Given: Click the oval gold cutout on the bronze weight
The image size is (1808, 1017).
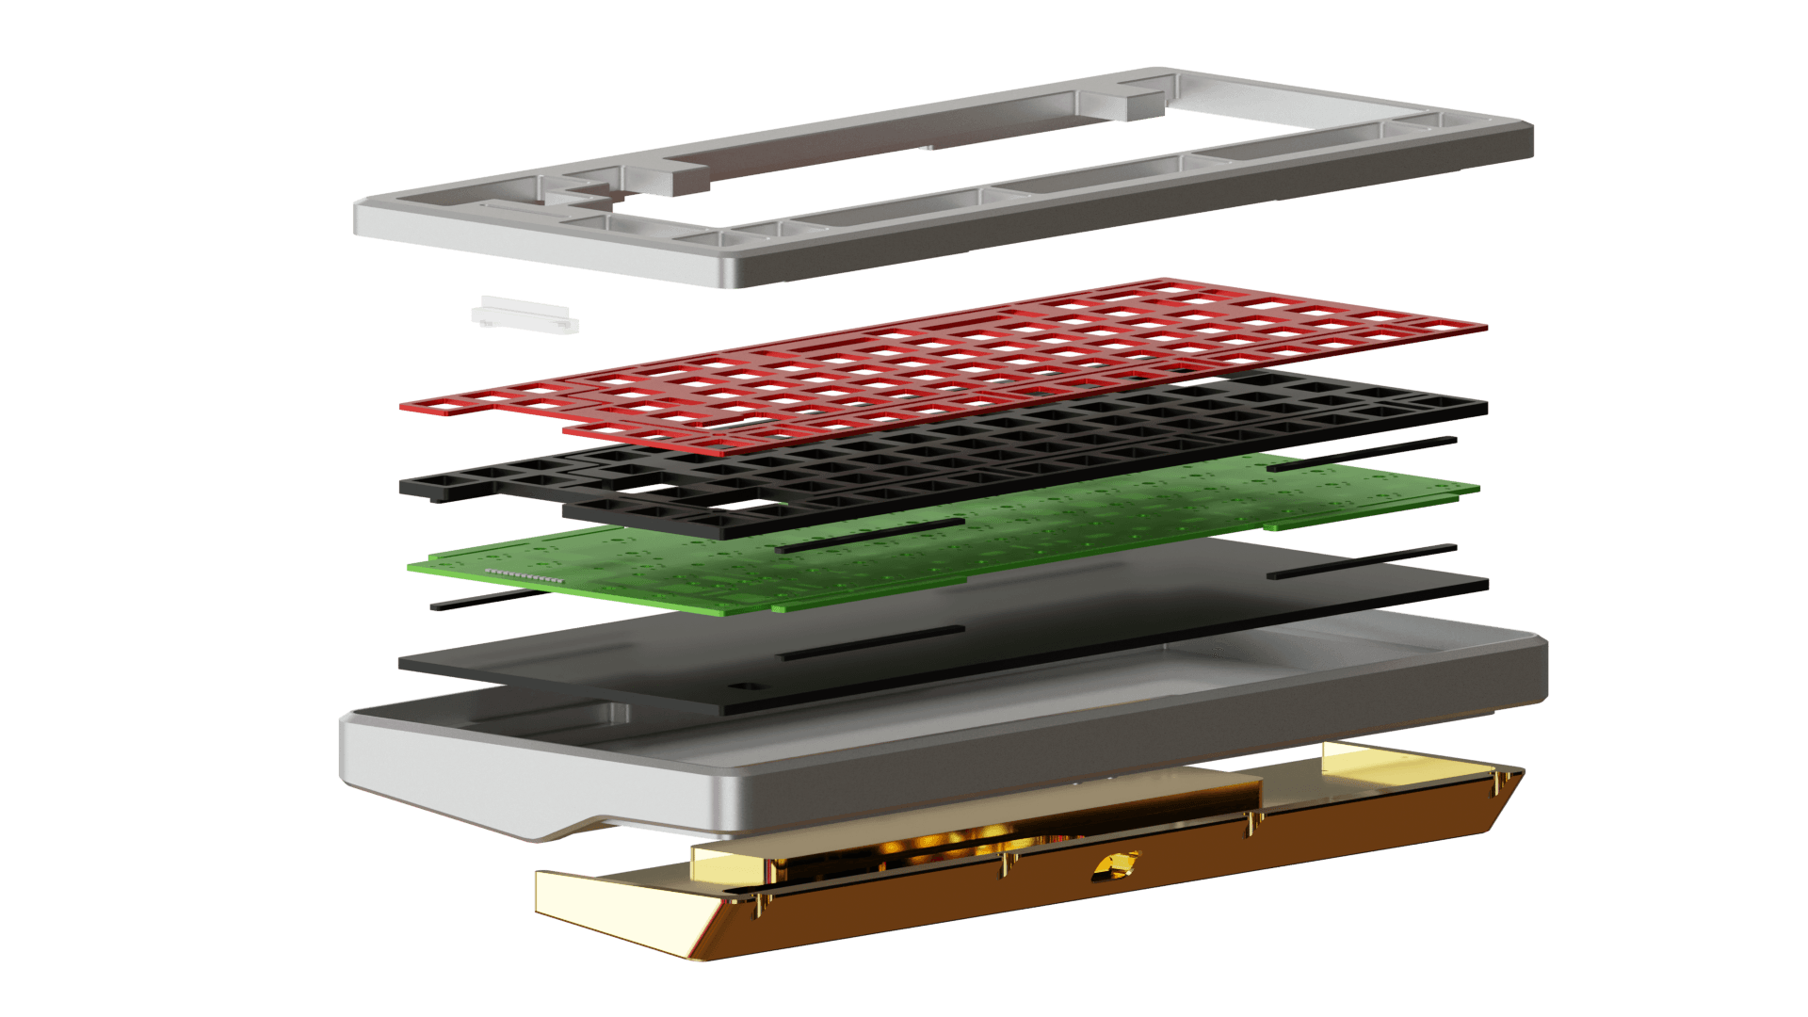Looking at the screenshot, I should click(1117, 865).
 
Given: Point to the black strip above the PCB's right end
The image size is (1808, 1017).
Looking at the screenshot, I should click(1362, 453).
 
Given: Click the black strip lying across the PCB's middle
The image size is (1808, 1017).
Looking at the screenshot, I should click(869, 534).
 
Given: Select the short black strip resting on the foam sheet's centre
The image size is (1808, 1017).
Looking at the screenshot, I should click(871, 642).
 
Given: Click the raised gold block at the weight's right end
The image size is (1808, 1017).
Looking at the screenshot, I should click(1365, 755).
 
